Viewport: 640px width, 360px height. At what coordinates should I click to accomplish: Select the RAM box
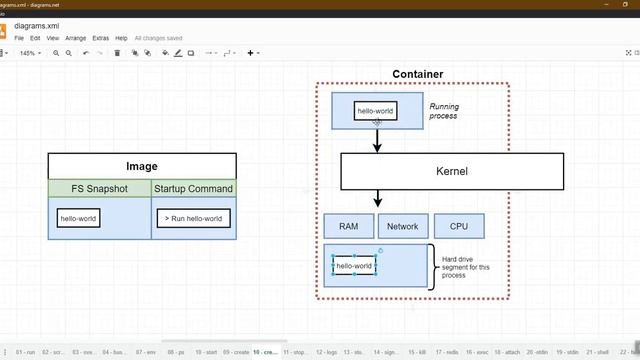tap(348, 227)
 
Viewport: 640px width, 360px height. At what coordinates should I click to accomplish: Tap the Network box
tap(403, 227)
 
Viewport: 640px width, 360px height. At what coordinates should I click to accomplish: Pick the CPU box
tap(458, 227)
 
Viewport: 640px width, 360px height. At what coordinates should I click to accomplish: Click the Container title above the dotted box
tap(418, 74)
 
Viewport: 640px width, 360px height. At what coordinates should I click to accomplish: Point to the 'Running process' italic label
tap(443, 111)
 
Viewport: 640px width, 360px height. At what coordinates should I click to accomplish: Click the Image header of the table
tap(142, 166)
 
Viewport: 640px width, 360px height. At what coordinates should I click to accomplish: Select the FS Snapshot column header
tap(99, 188)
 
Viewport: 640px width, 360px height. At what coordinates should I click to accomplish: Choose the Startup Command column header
tap(194, 188)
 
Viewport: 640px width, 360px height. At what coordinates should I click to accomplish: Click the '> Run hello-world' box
tap(193, 218)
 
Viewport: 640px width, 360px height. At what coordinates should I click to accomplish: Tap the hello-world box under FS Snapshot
tap(79, 218)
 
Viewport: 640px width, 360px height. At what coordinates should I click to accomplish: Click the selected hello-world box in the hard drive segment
tap(354, 266)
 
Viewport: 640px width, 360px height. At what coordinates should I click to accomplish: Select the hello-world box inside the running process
tap(376, 111)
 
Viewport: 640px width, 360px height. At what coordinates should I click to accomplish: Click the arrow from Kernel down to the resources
tap(378, 200)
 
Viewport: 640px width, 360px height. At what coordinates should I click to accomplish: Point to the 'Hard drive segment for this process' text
tap(462, 267)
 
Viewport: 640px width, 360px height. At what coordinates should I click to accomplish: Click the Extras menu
tap(100, 38)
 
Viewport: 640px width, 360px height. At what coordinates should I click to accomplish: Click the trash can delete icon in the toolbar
tap(117, 53)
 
